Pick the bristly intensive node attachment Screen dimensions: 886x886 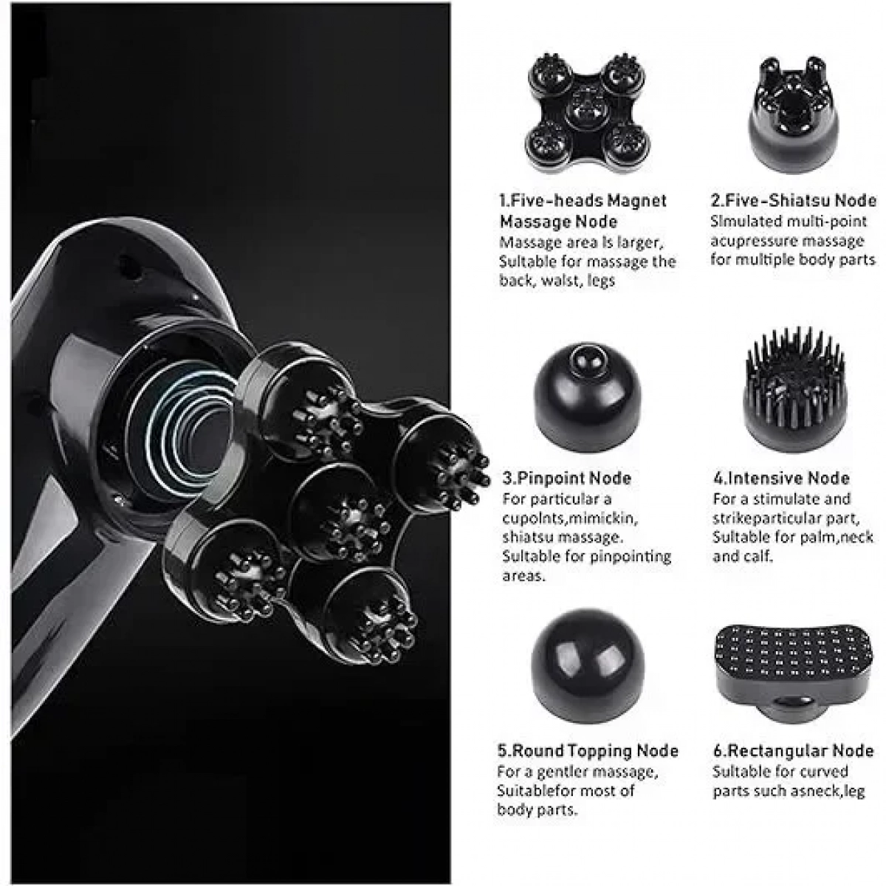coord(795,389)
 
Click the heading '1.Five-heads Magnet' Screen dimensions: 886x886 coord(583,201)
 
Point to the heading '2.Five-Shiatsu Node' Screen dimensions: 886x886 coord(793,201)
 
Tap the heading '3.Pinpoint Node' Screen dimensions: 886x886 coord(566,478)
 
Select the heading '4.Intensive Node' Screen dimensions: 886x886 coord(781,478)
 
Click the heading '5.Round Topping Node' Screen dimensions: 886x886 coord(588,752)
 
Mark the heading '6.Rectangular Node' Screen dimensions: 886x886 coord(793,752)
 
